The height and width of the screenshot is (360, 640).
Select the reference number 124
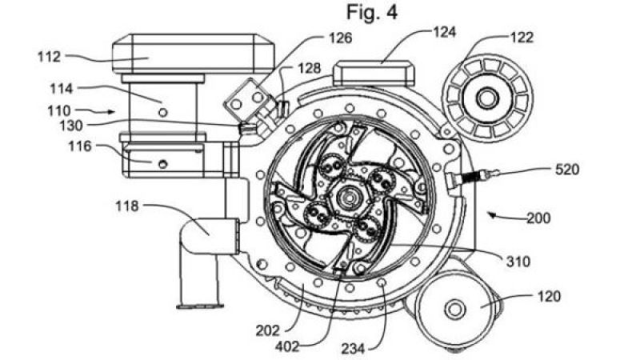[445, 33]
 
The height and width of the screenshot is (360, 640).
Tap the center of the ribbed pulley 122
[486, 98]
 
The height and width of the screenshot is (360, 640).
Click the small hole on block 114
[163, 113]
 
